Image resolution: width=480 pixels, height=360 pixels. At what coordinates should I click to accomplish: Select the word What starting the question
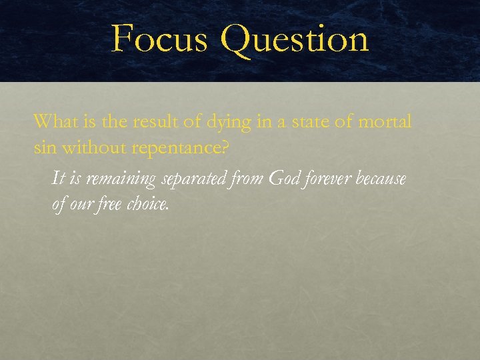(x=57, y=121)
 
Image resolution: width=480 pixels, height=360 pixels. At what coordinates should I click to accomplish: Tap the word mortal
(x=385, y=122)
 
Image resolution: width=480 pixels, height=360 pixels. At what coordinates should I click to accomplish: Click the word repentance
(x=179, y=148)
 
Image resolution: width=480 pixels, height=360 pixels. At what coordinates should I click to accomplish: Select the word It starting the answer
(x=58, y=179)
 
